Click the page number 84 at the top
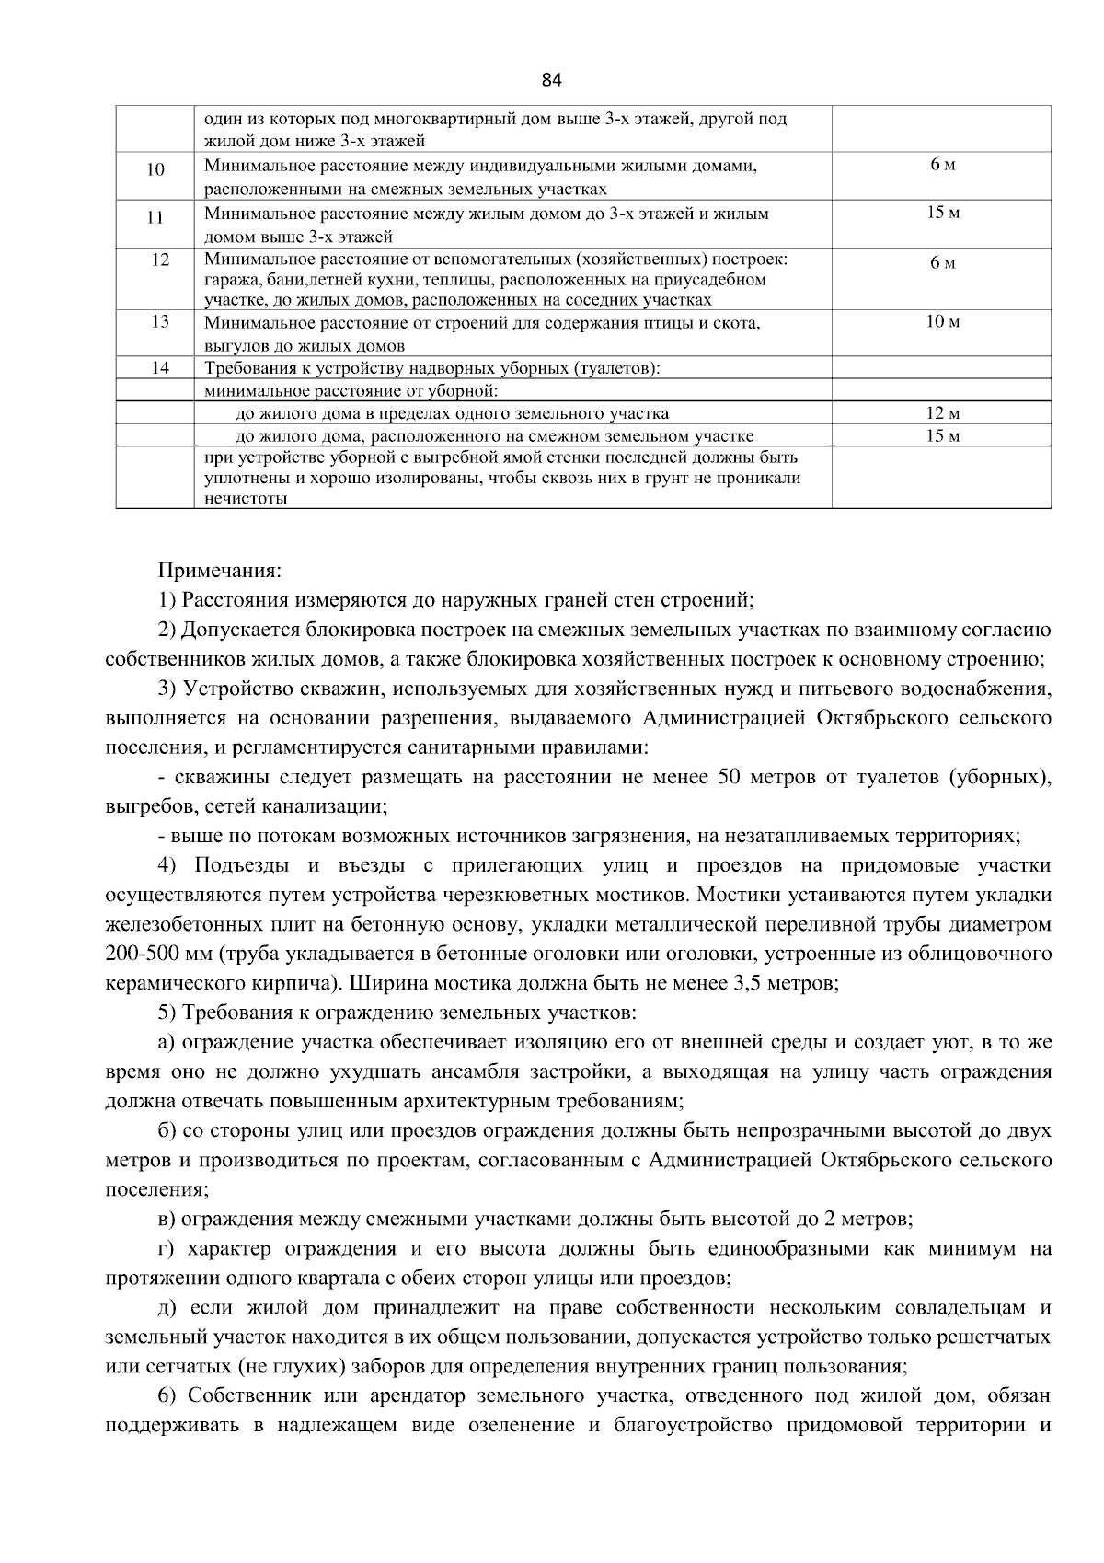point(551,80)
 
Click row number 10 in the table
point(155,169)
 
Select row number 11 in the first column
point(155,218)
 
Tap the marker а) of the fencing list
point(167,1043)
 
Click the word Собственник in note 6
point(244,1396)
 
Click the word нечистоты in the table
point(245,499)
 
